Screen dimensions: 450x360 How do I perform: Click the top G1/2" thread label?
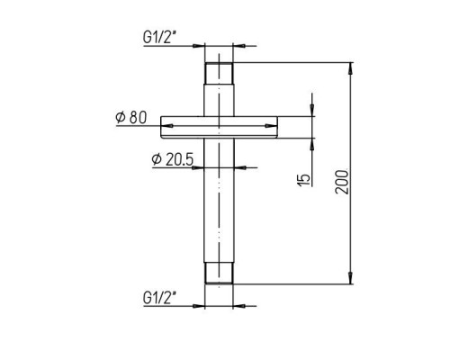(159, 37)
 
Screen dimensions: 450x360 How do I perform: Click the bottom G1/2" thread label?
(159, 298)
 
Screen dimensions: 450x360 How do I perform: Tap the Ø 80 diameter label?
(131, 117)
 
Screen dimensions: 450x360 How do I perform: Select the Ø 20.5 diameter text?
(172, 159)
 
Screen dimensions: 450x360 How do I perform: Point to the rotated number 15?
(304, 180)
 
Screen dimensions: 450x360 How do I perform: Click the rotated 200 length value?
(342, 182)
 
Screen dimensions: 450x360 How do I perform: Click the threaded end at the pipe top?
(219, 74)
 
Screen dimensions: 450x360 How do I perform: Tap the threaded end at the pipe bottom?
(219, 273)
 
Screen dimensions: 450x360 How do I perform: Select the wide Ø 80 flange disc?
(219, 127)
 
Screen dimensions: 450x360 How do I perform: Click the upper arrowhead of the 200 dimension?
(351, 68)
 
